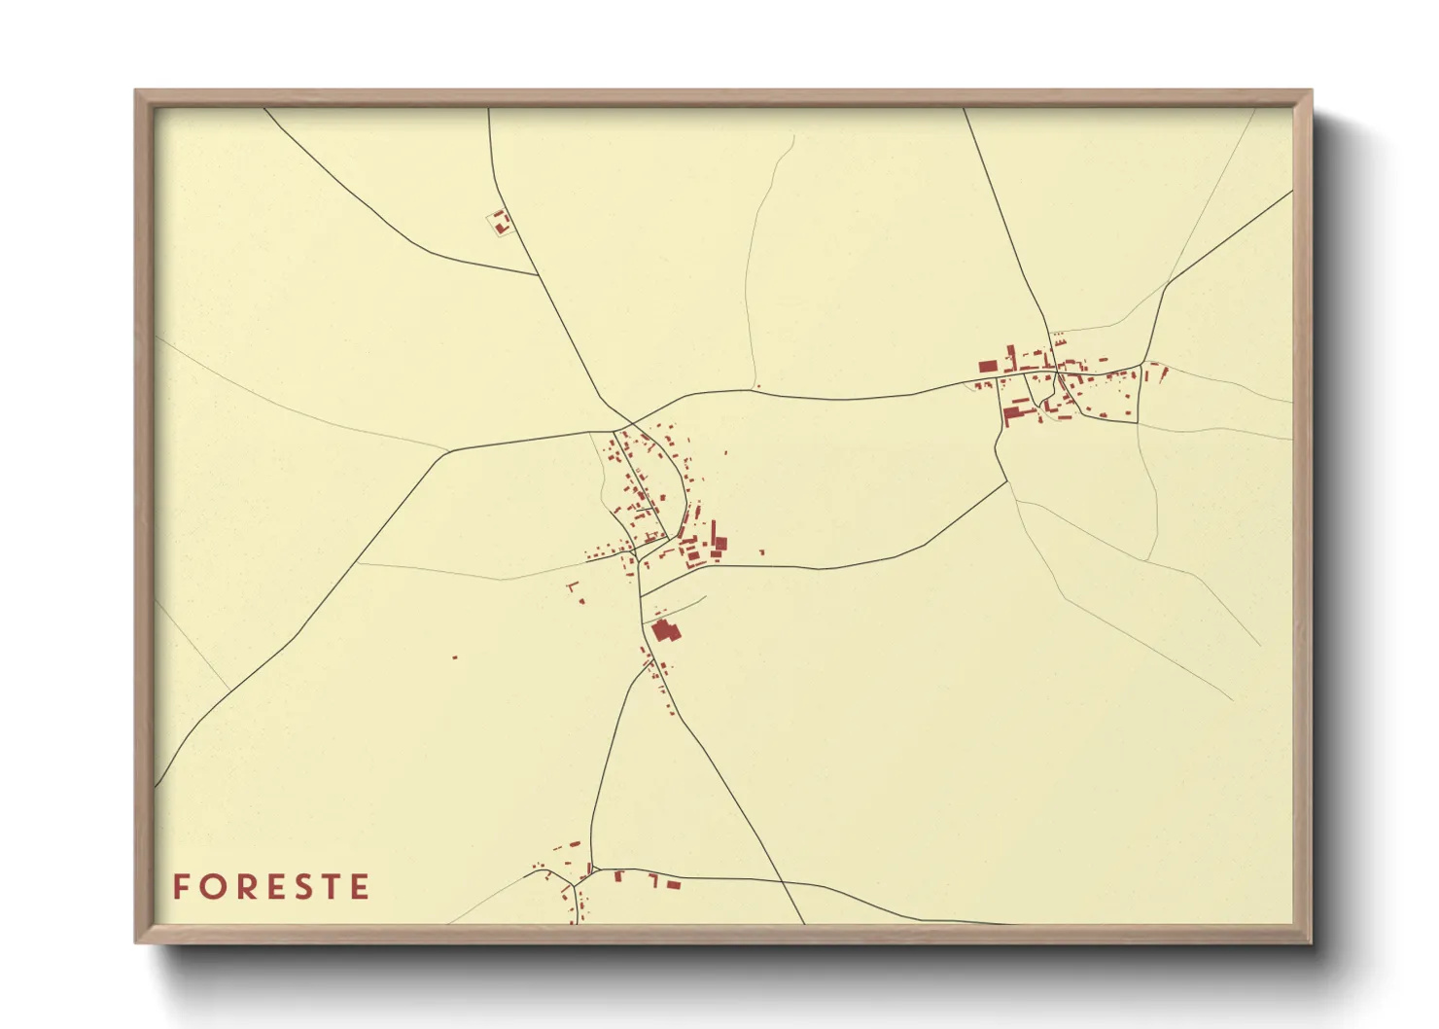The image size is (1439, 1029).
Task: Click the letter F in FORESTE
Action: pyautogui.click(x=180, y=887)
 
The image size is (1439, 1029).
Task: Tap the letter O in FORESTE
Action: pyautogui.click(x=209, y=887)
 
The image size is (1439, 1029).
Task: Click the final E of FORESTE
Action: pyautogui.click(x=360, y=887)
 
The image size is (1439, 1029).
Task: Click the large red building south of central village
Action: pyautogui.click(x=665, y=630)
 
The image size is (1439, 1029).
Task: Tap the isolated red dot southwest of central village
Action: pyautogui.click(x=454, y=657)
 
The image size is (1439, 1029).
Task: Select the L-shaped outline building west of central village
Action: pyautogui.click(x=574, y=588)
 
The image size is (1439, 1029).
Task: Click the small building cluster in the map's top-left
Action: pyautogui.click(x=501, y=223)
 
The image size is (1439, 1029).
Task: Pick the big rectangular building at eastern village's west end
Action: pyautogui.click(x=988, y=367)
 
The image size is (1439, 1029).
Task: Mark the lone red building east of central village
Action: pyautogui.click(x=761, y=552)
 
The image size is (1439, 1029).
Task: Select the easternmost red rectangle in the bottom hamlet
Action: pyautogui.click(x=672, y=884)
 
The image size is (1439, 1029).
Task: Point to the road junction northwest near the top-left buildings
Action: pyautogui.click(x=539, y=275)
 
